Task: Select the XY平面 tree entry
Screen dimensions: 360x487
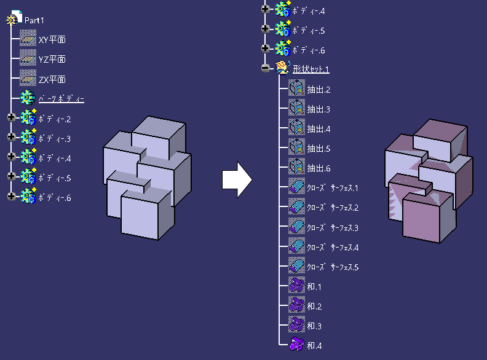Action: click(52, 40)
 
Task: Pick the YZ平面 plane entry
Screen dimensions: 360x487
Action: click(52, 60)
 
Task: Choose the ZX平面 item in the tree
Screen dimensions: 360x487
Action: click(52, 80)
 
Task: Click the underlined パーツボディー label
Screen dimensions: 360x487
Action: click(61, 99)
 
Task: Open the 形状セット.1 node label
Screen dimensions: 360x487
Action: click(311, 69)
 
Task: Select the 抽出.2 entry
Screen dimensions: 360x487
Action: click(319, 90)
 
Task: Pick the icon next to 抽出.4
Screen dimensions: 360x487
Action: click(296, 128)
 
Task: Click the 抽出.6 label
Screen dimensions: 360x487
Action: click(319, 168)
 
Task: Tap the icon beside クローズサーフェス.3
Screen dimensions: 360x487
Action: click(296, 227)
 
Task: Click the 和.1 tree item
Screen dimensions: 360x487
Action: click(314, 286)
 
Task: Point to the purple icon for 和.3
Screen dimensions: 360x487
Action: click(296, 325)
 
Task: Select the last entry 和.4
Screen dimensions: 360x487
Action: click(314, 345)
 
